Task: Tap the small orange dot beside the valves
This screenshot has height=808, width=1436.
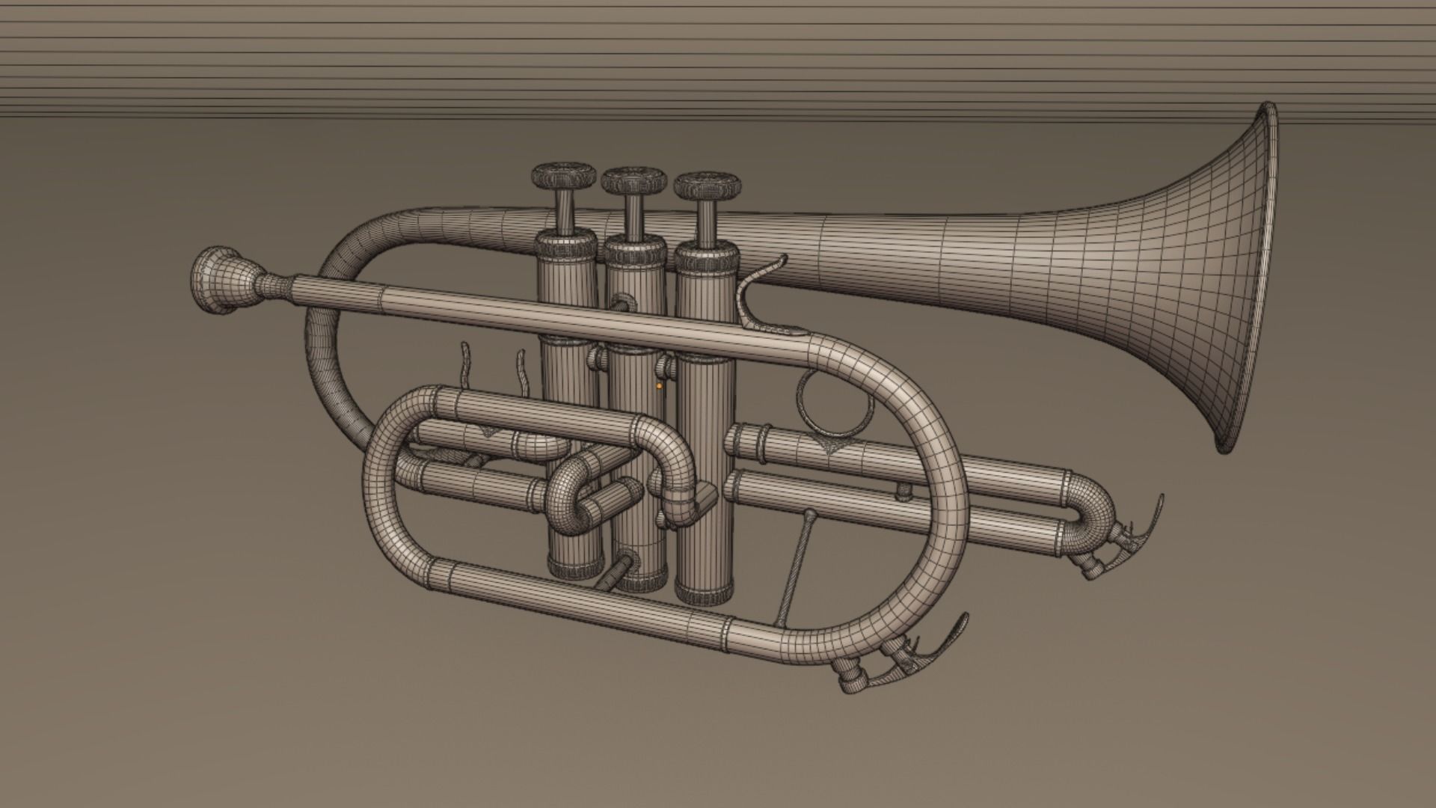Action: tap(659, 387)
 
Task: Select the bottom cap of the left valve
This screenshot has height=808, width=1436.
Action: tap(574, 567)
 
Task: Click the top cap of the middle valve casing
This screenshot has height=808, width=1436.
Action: tap(634, 250)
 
